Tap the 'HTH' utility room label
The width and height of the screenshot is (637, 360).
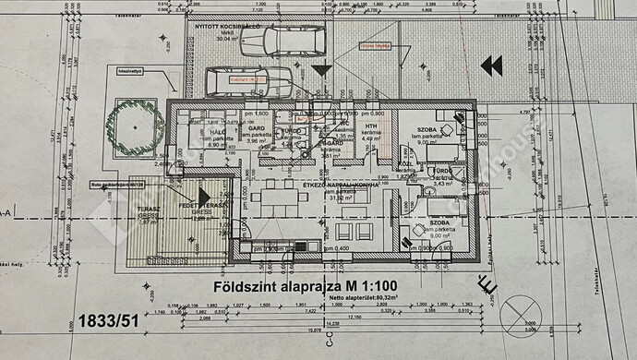click(372, 127)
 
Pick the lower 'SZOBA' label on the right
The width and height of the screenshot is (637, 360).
click(429, 223)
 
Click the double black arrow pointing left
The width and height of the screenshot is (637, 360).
click(491, 66)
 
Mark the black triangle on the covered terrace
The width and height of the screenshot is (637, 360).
click(227, 202)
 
